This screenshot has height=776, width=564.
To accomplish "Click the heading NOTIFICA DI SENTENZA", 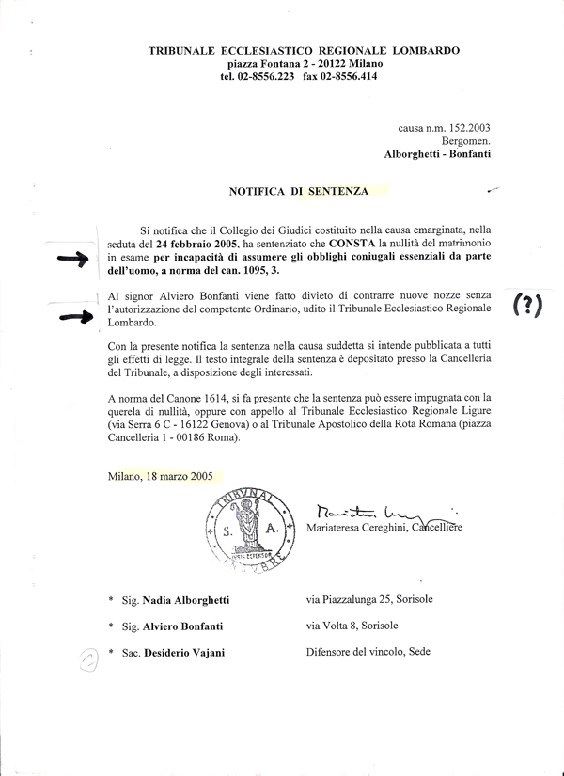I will tap(298, 190).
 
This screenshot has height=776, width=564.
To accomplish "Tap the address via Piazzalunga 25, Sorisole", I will tap(369, 599).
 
